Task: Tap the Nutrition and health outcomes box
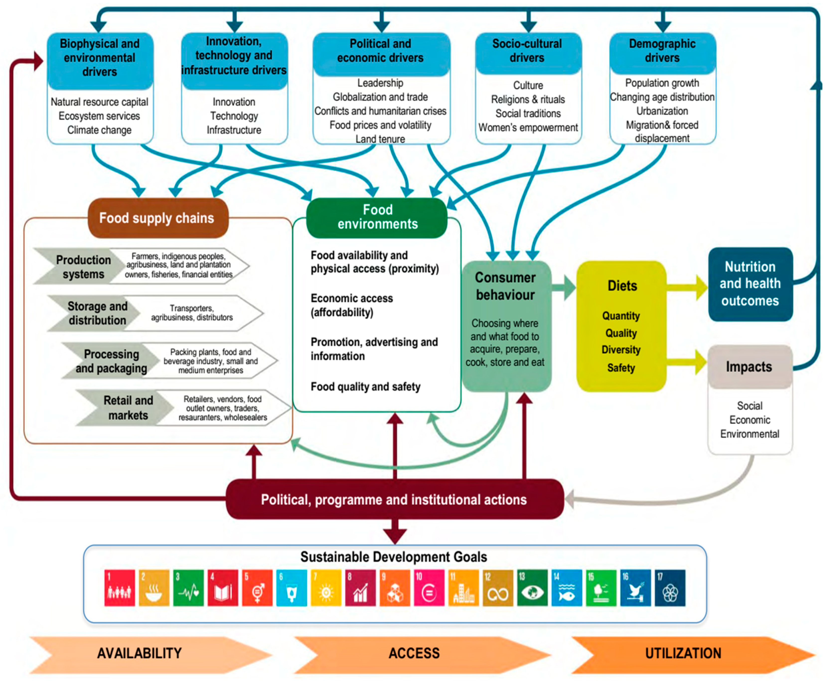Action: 750,284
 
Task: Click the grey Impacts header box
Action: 749,367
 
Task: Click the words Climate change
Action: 99,130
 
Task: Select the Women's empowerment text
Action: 528,128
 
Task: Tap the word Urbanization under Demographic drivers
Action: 662,111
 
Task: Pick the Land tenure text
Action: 380,139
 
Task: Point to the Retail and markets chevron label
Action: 128,408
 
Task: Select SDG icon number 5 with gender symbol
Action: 257,588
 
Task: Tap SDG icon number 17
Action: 670,588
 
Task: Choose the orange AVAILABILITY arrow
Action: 140,654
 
